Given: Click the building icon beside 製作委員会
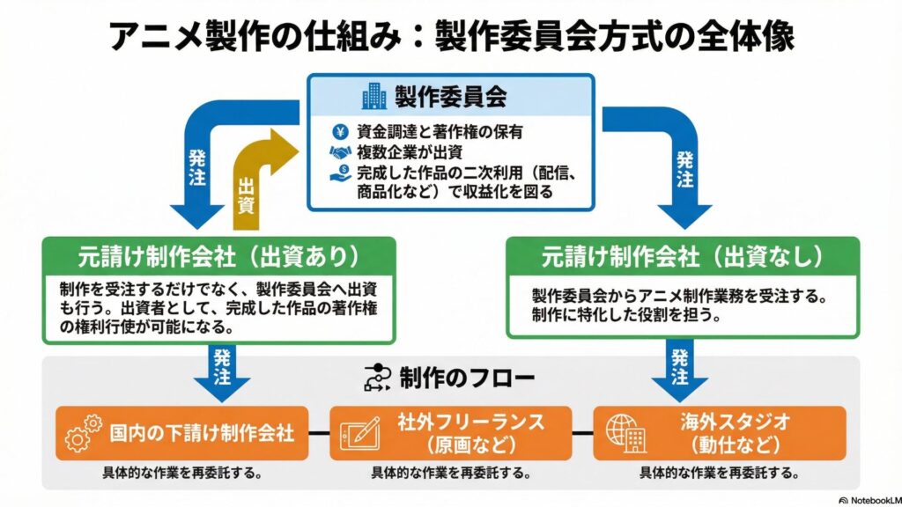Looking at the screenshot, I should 373,96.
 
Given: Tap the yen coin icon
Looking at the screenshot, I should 339,132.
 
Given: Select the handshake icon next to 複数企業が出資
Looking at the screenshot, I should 339,152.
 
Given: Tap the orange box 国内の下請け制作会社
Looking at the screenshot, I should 181,433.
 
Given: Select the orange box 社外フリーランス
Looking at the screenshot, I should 450,433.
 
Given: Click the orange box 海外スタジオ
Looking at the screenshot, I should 719,433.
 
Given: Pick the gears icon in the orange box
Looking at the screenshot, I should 78,433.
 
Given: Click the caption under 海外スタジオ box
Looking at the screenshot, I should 719,473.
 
